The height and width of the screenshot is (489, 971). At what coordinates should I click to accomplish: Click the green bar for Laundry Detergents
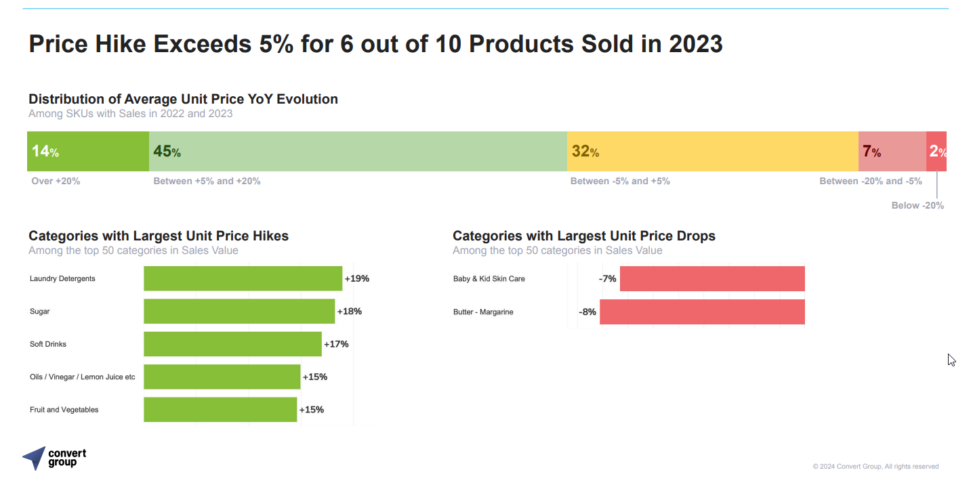point(243,278)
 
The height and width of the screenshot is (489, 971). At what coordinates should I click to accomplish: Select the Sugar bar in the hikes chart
point(239,312)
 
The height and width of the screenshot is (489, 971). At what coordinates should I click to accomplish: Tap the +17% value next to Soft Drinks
point(336,344)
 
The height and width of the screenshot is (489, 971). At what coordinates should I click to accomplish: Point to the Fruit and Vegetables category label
point(64,410)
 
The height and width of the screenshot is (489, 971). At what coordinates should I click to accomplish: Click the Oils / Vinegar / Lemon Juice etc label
point(82,377)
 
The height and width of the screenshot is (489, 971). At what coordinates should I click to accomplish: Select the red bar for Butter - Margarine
point(702,312)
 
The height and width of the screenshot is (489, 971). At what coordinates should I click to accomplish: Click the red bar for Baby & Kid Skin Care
point(712,279)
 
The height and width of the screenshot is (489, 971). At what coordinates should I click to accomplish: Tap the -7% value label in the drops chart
point(608,279)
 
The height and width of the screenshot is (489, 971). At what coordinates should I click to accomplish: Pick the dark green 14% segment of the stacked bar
point(88,151)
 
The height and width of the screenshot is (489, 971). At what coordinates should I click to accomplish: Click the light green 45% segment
point(358,151)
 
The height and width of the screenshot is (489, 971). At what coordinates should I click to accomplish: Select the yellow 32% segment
point(712,151)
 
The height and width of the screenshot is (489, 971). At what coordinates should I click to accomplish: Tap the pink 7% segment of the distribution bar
point(892,151)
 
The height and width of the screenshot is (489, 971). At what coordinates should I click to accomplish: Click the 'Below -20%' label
point(917,205)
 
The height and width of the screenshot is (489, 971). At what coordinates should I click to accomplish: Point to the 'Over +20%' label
point(56,182)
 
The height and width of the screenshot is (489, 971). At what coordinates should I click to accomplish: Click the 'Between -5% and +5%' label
point(620,182)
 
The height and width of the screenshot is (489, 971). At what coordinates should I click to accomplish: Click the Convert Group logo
point(54,458)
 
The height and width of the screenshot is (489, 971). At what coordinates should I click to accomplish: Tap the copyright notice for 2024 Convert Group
point(875,467)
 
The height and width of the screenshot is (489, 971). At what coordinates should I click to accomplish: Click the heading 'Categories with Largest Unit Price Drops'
point(584,236)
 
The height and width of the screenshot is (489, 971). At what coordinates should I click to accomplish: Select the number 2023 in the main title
point(695,44)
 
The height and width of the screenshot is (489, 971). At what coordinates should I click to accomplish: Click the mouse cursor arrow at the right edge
point(951,360)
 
